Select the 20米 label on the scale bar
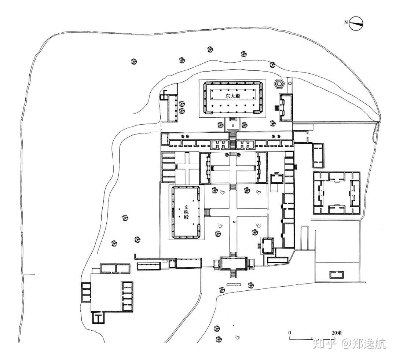[x=336, y=333]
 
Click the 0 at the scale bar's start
[x=290, y=333]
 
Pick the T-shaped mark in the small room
[x=99, y=317]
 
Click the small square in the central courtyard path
[x=233, y=221]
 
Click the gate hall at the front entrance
[x=232, y=263]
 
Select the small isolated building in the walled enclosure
[x=336, y=274]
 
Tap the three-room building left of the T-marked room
[x=87, y=293]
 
